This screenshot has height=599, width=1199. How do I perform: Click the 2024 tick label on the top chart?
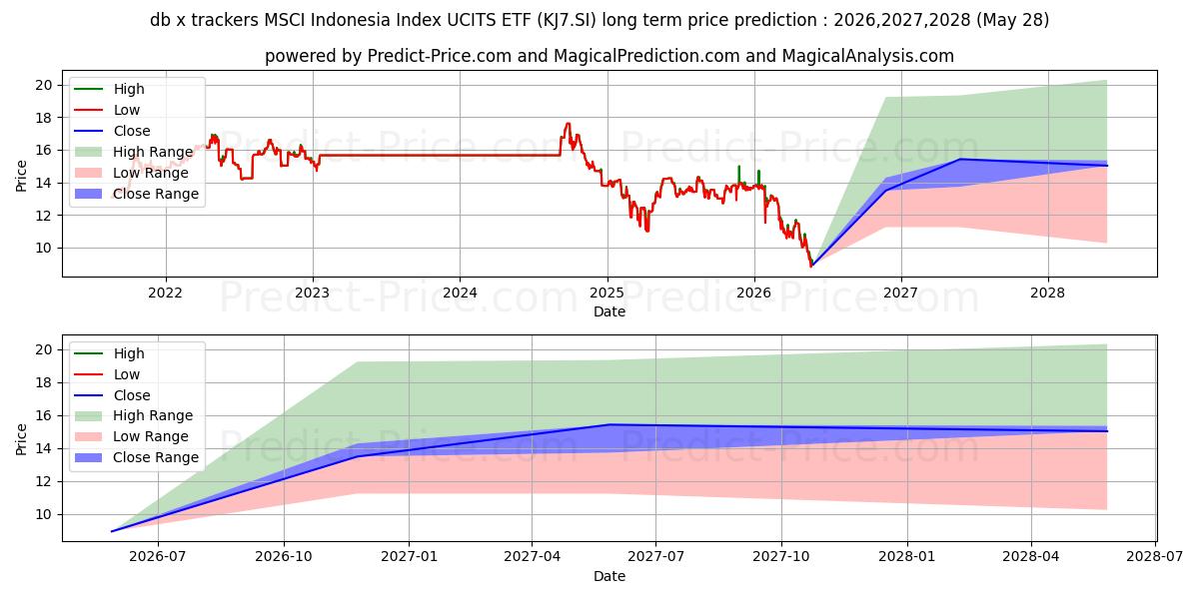tap(460, 294)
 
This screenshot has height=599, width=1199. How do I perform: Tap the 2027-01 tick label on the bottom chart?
tap(409, 557)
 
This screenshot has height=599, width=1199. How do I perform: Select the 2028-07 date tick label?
tap(1155, 557)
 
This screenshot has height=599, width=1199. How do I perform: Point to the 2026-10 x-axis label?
tap(284, 557)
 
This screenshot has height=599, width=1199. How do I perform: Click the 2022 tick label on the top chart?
tap(166, 294)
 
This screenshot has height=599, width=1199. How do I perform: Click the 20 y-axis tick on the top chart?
tap(43, 85)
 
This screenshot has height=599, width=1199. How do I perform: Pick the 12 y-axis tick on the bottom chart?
tap(43, 482)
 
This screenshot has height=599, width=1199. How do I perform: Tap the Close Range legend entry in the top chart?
tap(137, 194)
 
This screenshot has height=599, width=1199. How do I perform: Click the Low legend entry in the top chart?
tap(107, 110)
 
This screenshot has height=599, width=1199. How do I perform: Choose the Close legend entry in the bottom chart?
tap(112, 395)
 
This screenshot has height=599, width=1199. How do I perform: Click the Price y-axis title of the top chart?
tap(21, 176)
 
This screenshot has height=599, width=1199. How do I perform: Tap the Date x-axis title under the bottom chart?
tap(609, 576)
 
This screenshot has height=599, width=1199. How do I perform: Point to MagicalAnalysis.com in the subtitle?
tap(867, 56)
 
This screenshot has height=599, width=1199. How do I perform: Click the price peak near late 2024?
tap(568, 123)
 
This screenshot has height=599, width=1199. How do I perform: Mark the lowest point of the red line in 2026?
tap(811, 266)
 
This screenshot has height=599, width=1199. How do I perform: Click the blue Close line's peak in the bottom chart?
tap(610, 424)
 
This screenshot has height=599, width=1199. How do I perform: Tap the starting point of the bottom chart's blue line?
tap(111, 531)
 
